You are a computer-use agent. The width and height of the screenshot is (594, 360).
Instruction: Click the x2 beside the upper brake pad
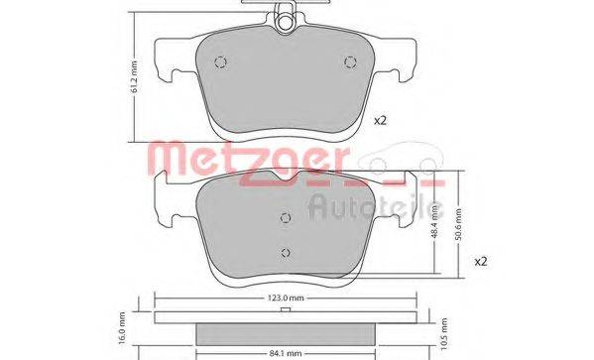379,122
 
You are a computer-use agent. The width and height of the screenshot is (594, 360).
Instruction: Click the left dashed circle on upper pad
221,62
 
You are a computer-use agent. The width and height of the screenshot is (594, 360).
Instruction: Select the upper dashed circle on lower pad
286,219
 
